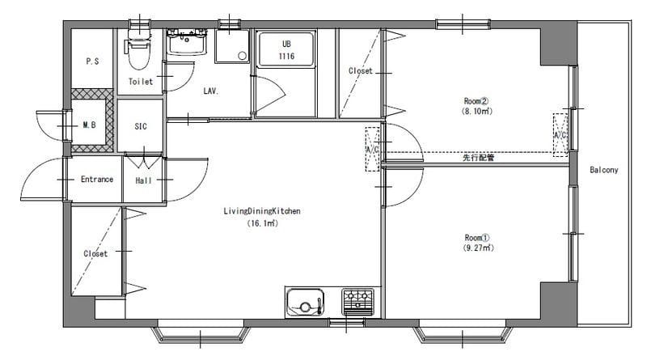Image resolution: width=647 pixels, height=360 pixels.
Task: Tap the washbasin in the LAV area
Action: click(x=187, y=42)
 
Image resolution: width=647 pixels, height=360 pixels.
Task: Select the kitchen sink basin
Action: click(x=305, y=303)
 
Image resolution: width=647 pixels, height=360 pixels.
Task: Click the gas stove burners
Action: click(x=357, y=302)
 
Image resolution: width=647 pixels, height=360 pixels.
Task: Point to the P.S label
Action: click(x=92, y=61)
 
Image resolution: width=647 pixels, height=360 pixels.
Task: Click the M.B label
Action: click(x=89, y=125)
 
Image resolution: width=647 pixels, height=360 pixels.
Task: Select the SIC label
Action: click(x=141, y=126)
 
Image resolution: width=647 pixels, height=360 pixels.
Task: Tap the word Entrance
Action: click(x=97, y=179)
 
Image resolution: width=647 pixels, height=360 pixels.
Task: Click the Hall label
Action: click(x=144, y=180)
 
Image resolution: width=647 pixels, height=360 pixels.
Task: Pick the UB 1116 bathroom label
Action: click(x=286, y=50)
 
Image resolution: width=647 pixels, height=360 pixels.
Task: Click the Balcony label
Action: click(x=604, y=170)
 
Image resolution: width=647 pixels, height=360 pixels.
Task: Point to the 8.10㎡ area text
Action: click(x=477, y=111)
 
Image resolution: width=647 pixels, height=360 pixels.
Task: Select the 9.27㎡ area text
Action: click(x=478, y=248)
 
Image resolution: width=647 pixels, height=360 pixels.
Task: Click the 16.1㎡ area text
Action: click(x=262, y=223)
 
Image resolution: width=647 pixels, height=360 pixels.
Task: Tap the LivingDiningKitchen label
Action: click(x=262, y=211)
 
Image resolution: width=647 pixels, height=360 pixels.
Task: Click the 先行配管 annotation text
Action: click(x=478, y=157)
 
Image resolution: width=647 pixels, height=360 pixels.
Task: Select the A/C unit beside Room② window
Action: click(x=560, y=135)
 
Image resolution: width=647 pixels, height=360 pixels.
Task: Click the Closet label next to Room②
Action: click(x=361, y=71)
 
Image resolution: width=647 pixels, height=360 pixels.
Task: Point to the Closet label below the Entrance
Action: click(x=95, y=253)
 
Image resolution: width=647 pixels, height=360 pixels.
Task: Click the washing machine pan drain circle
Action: click(x=243, y=56)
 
